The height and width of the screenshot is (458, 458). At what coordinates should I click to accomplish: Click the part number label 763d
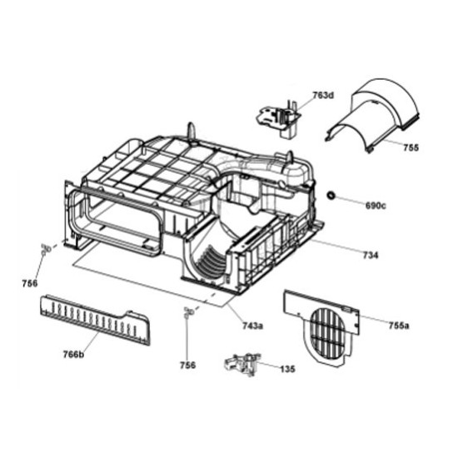point(323,96)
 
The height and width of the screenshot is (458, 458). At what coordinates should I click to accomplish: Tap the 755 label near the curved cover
point(411,147)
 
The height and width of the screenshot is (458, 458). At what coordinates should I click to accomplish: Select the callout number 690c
point(376,206)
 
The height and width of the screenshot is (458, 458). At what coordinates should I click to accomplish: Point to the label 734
point(371,256)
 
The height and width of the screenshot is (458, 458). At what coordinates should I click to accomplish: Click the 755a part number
point(399,325)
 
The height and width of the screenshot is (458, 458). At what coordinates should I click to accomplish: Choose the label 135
point(288,369)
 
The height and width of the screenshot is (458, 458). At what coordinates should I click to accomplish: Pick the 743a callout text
point(252,326)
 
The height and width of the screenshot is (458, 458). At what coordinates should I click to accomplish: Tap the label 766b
point(73,355)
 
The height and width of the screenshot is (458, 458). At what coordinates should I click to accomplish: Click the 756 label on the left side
point(30,283)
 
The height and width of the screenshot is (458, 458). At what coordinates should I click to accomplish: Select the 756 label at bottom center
point(187,365)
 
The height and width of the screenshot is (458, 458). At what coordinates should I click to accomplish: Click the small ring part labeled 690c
point(331,196)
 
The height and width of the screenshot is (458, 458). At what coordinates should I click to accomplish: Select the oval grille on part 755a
point(327,334)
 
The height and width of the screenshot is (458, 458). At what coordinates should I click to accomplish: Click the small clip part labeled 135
point(241,364)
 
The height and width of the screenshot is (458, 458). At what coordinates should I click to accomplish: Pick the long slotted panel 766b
point(95,320)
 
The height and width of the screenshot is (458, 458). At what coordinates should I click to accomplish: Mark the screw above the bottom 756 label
point(187,313)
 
